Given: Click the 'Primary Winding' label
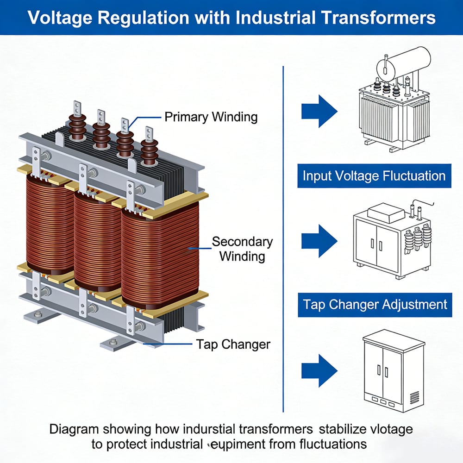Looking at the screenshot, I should [x=211, y=117].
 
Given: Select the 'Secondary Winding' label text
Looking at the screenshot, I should [x=242, y=249].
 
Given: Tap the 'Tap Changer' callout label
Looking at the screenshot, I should [x=233, y=344].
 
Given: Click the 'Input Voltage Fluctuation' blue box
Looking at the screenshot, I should [x=374, y=176].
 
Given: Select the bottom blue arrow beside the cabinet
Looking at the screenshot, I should [x=319, y=370].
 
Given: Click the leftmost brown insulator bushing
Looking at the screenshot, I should [x=77, y=122].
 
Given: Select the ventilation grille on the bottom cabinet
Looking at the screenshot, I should [x=414, y=397].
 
